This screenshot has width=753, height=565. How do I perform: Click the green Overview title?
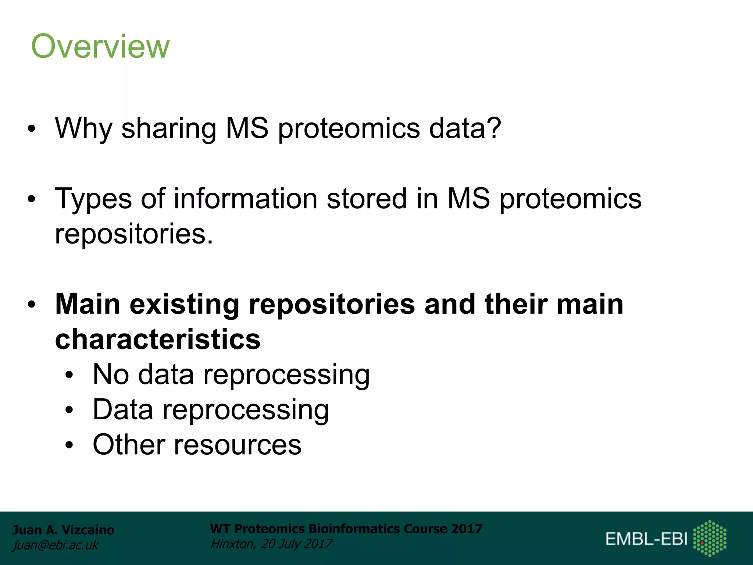tap(100, 46)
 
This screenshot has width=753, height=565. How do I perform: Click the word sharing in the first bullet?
tap(169, 128)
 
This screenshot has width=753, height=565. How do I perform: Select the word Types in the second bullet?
tap(93, 199)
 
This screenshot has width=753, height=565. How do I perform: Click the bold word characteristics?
tap(158, 339)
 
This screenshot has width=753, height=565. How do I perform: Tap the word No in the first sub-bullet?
tap(111, 374)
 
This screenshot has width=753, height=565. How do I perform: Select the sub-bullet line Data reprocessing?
tap(211, 410)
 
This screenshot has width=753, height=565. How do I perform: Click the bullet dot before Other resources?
tap(69, 445)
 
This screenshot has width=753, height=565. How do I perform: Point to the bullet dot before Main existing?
tap(32, 305)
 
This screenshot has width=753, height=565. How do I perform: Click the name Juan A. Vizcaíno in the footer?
tap(63, 530)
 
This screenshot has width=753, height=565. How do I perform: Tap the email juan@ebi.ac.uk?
tap(56, 545)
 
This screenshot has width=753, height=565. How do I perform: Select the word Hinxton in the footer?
tap(232, 544)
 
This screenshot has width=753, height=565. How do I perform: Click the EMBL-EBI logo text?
tap(646, 539)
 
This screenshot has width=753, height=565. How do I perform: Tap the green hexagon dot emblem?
tap(710, 538)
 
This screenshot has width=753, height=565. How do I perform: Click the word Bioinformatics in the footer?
tap(354, 529)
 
